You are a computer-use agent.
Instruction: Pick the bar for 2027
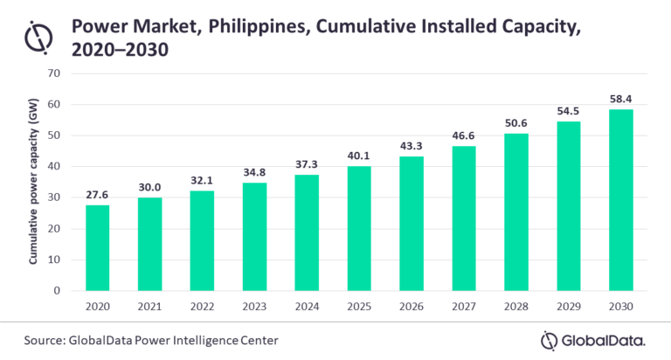coord(463,218)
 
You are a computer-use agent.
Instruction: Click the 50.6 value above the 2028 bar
coord(515,123)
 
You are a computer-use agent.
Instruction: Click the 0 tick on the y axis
coord(55,290)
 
